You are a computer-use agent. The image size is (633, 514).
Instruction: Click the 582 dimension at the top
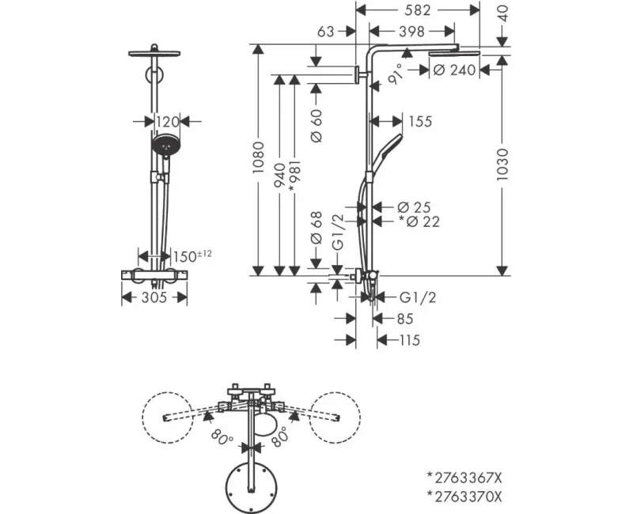(x=418, y=10)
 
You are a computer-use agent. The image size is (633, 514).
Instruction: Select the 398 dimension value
(x=411, y=31)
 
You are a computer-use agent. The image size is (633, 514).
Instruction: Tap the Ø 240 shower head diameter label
(x=454, y=70)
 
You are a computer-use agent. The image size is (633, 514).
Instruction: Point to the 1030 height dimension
(x=502, y=164)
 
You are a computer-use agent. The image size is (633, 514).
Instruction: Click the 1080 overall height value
(x=258, y=157)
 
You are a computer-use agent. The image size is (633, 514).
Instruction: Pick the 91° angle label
(x=396, y=74)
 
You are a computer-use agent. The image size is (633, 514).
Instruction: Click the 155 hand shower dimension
(x=420, y=121)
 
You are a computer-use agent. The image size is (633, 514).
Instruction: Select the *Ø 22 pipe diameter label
(x=419, y=221)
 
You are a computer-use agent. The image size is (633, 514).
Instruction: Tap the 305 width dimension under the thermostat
(x=154, y=298)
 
